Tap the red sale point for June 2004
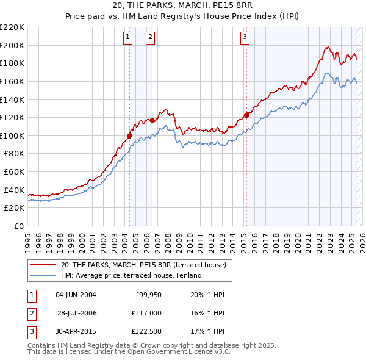[x=129, y=135]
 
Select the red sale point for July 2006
[x=152, y=120]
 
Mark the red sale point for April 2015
[x=246, y=115]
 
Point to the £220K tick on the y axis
[x=13, y=27]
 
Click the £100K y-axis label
[x=13, y=135]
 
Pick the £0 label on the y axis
[x=19, y=226]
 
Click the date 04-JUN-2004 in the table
[x=76, y=295]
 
